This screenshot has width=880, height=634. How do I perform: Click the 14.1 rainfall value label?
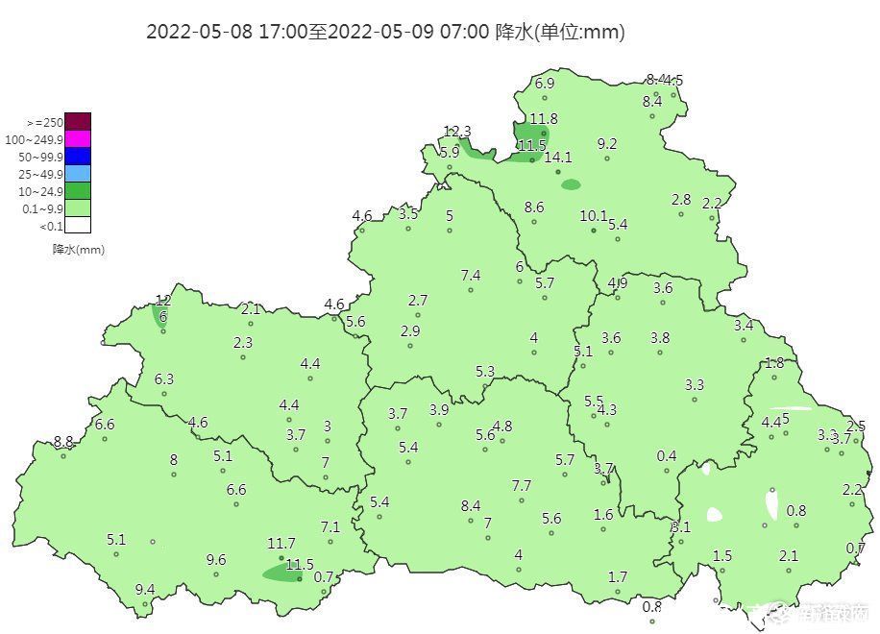point(558,158)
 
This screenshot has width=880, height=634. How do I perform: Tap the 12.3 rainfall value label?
point(457,132)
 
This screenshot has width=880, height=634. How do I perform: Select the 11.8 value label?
point(544,119)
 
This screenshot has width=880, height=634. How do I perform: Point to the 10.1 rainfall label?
point(595,216)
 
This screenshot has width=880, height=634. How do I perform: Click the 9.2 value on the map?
point(607,144)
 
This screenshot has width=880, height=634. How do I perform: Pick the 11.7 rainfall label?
point(281,544)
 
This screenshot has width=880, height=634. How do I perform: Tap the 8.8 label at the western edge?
point(63,442)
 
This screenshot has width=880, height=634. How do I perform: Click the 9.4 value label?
point(145,589)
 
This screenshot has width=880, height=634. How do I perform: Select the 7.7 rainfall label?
point(522,486)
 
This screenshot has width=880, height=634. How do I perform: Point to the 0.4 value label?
point(667,456)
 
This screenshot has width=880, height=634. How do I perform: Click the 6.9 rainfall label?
point(545,84)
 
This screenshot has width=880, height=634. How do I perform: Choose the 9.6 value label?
point(216,560)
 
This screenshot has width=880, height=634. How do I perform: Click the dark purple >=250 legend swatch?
point(78,121)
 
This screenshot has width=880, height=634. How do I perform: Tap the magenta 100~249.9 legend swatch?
point(78,138)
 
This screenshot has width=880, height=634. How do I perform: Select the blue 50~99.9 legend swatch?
point(78,156)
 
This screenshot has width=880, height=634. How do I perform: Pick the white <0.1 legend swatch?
point(78,226)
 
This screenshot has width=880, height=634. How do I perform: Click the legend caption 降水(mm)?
point(78,250)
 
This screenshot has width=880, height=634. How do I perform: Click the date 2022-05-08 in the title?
point(199,32)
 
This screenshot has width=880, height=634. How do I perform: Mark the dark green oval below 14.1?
point(571,184)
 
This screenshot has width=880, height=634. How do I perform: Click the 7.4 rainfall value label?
point(471,276)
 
